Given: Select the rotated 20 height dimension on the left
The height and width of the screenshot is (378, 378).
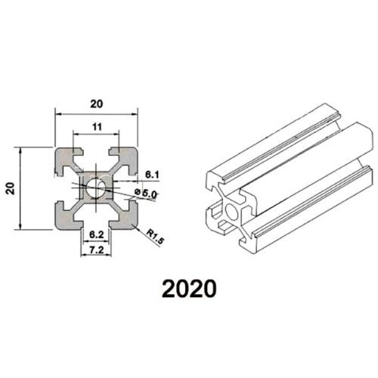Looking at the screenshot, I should coord(10,187).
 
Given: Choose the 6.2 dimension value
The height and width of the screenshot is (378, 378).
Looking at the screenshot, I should coord(96,236).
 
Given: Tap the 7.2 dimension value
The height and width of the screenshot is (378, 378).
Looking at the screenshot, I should coord(96,249).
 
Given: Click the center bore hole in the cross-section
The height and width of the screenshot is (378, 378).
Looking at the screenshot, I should coord(96,187).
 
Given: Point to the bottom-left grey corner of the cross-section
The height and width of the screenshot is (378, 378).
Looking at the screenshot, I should coord(64,219).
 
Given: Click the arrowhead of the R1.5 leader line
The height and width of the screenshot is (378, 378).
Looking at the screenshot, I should coord(135,225).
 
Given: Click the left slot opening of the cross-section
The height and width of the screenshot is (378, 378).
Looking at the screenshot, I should coord(60,187).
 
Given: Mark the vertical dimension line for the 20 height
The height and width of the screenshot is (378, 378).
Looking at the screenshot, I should coord(20,187).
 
